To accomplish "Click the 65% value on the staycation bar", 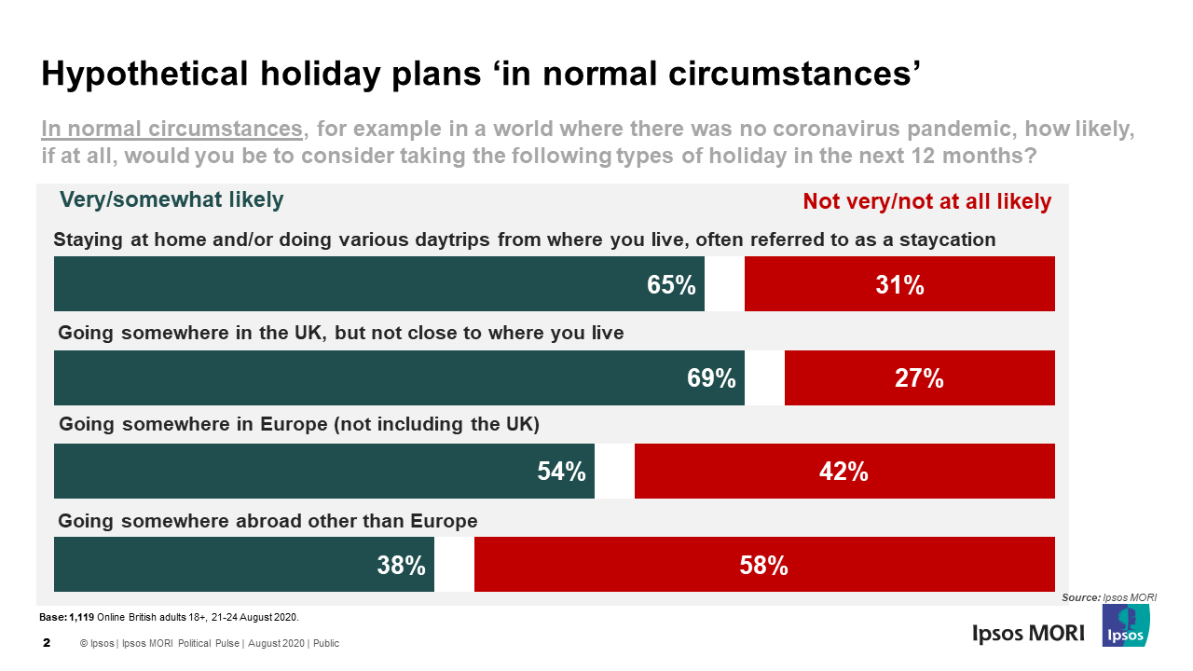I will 672,284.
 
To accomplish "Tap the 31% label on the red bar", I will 899,284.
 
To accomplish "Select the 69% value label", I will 712,378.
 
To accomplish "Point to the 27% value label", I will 919,378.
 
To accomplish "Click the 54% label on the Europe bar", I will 561,472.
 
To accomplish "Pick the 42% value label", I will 843,472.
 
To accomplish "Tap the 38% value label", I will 402,565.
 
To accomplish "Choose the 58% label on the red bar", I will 764,565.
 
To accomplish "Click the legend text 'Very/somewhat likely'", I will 171,200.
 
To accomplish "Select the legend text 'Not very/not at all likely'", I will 926,201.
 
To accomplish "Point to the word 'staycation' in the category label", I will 947,240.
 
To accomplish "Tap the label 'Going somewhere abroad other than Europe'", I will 267,521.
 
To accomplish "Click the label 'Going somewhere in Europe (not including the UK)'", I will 299,425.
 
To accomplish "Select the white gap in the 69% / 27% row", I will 764,378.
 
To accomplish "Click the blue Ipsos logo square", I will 1125,625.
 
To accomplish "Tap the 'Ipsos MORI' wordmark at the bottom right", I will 1028,633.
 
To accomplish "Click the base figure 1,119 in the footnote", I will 82,618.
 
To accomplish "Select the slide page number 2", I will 47,643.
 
